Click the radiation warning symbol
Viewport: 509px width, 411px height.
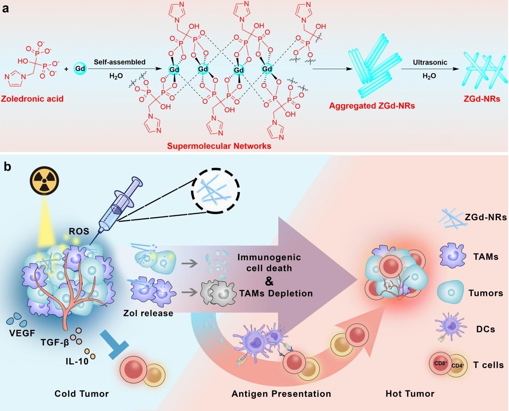(45, 181)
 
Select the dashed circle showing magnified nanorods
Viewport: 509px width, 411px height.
(215, 192)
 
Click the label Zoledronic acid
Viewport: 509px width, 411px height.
(32, 99)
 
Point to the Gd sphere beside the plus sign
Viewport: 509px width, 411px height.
(80, 69)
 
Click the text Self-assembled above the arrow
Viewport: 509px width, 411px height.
(119, 62)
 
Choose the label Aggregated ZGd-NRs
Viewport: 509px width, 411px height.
(372, 106)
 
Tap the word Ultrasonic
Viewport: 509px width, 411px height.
(430, 63)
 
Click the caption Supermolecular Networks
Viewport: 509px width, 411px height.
(219, 146)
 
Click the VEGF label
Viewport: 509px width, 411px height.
(22, 334)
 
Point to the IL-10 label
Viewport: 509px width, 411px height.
(77, 360)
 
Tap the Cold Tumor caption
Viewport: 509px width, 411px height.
(82, 394)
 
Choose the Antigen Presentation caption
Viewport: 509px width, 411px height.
(281, 394)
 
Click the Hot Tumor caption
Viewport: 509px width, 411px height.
(410, 394)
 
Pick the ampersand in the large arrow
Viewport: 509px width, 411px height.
(269, 280)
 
